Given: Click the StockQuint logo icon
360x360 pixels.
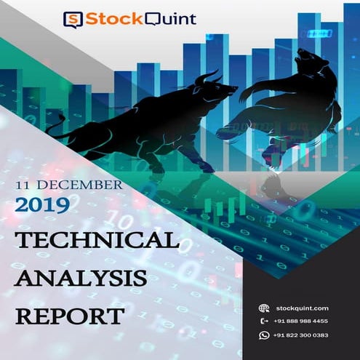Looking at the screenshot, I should [x=73, y=19].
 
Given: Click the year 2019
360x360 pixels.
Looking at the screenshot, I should [x=41, y=205].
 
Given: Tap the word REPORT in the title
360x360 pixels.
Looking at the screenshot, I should [x=69, y=316].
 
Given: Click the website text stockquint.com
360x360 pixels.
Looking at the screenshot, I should [x=302, y=308].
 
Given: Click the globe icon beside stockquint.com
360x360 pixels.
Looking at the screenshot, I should [x=264, y=308].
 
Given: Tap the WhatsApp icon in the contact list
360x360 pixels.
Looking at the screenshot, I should [x=264, y=335].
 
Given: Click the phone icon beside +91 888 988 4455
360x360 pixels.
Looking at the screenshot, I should [x=264, y=321].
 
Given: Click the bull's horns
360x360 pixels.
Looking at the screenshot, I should [x=207, y=76].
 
